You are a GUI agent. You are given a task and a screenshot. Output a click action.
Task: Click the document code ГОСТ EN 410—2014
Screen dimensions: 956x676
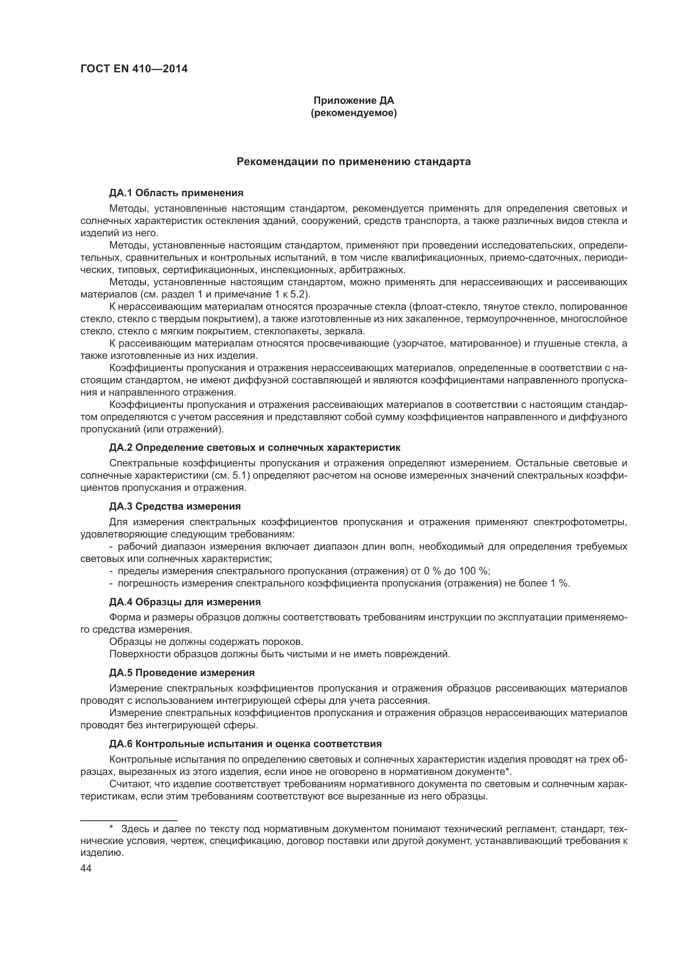(x=134, y=69)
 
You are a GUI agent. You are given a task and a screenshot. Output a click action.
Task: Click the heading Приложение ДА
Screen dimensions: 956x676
(x=354, y=101)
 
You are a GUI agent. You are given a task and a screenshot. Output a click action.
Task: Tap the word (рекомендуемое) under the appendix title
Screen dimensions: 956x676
(x=354, y=113)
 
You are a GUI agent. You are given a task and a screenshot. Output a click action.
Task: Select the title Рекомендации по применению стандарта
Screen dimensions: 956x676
(x=354, y=161)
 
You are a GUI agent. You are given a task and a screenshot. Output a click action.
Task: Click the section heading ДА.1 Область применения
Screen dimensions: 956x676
(x=176, y=193)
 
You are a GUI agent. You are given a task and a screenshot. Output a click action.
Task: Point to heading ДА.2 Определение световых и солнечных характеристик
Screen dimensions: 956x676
(x=255, y=448)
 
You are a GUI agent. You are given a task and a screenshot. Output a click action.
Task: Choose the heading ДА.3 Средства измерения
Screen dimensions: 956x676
(x=175, y=506)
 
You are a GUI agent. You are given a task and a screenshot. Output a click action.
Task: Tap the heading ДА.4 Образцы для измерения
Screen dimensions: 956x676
(x=185, y=602)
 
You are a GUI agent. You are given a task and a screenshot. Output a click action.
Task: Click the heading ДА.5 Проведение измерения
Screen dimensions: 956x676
(x=182, y=672)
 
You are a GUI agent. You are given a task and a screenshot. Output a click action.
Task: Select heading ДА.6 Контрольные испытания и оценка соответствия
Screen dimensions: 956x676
(x=246, y=743)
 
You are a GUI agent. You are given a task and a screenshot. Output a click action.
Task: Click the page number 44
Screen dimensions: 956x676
(x=86, y=868)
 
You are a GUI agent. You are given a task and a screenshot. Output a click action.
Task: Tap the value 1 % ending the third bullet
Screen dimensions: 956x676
(x=560, y=583)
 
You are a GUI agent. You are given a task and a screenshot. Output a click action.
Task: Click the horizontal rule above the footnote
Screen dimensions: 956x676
(x=129, y=809)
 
